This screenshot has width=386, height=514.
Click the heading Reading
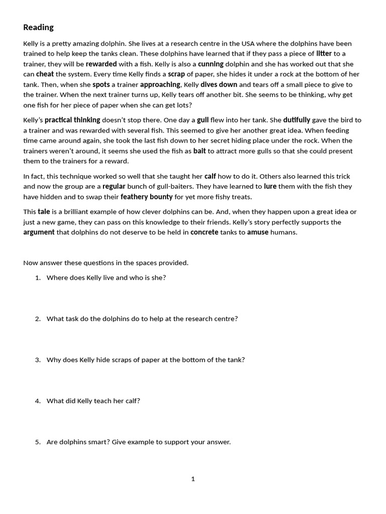38,27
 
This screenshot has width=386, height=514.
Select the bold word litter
324,54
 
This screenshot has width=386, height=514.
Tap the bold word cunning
211,64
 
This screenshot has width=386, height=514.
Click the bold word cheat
45,74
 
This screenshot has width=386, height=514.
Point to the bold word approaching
160,85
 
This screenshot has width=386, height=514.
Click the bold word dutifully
297,120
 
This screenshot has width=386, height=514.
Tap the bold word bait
200,151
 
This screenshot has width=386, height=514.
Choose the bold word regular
114,186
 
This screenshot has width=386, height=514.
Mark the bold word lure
270,186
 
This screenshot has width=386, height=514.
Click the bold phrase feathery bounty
146,197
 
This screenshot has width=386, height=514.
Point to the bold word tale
44,212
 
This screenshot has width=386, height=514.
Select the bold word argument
39,232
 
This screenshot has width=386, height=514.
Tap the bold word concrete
204,232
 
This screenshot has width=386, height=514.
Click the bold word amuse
257,232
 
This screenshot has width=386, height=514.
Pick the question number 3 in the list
38,360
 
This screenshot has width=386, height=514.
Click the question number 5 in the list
38,442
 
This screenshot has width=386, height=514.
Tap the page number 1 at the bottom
193,479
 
